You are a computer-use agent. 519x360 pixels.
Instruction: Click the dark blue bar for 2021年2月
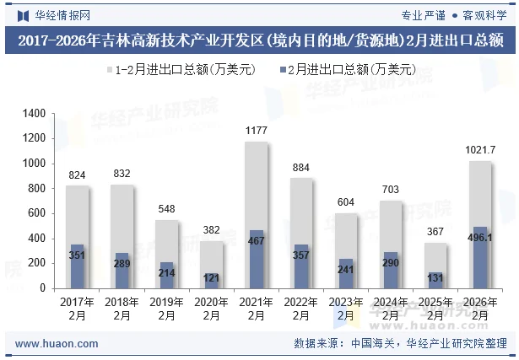pyautogui.click(x=257, y=259)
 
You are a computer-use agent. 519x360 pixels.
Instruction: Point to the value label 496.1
pyautogui.click(x=480, y=239)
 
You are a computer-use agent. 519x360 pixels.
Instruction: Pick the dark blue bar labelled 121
pyautogui.click(x=212, y=281)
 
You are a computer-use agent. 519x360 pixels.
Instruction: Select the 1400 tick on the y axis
pyautogui.click(x=34, y=114)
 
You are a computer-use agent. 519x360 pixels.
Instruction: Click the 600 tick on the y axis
pyautogui.click(x=37, y=213)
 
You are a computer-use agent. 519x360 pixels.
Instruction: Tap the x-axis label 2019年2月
pyautogui.click(x=167, y=309)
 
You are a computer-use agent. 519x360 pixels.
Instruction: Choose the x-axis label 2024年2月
pyautogui.click(x=391, y=309)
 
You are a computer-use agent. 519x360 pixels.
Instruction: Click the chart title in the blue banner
pyautogui.click(x=259, y=40)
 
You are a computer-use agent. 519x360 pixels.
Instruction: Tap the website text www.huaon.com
pyautogui.click(x=57, y=344)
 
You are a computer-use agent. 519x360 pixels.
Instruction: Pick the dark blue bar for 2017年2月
pyautogui.click(x=78, y=266)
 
